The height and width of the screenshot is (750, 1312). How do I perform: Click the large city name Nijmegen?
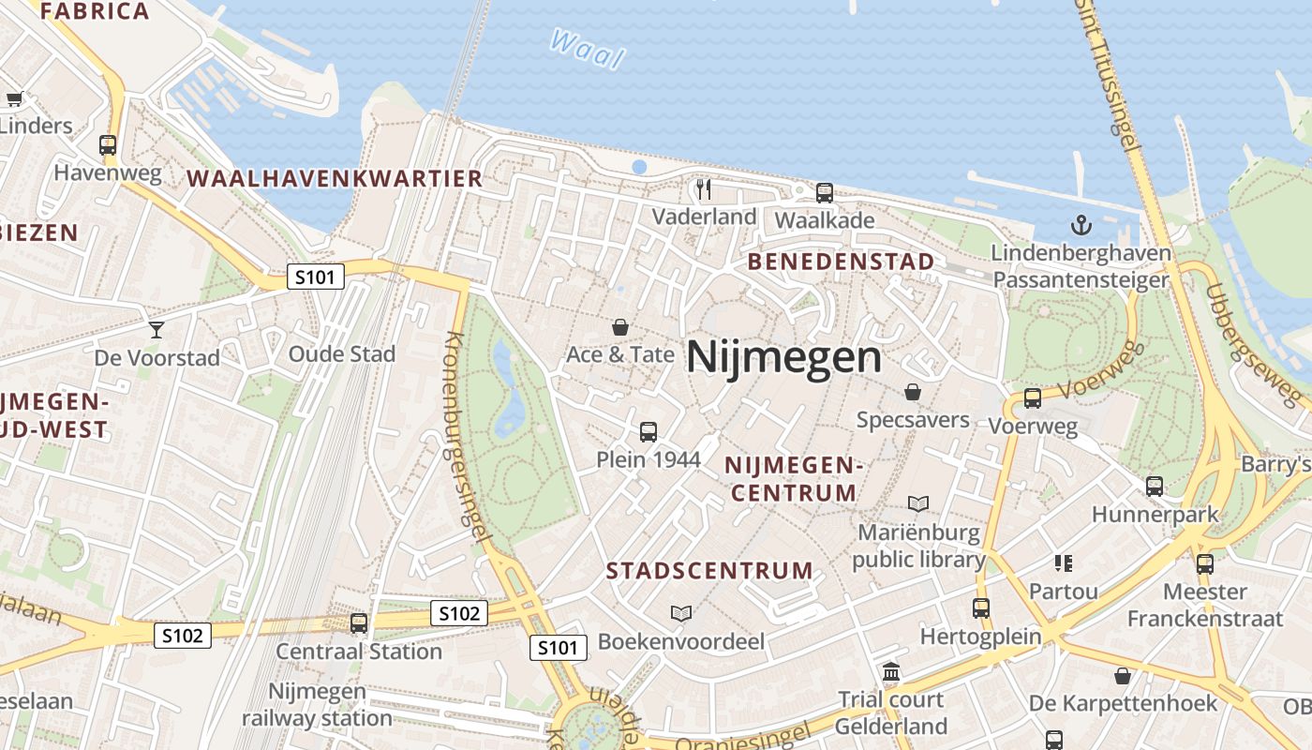(x=783, y=357)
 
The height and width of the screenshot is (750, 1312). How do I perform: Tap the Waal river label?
(x=588, y=49)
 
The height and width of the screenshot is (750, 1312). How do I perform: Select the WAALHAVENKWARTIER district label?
(x=335, y=178)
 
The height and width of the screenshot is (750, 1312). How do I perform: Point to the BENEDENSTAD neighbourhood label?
(x=841, y=262)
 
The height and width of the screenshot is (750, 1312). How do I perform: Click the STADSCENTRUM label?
(x=709, y=571)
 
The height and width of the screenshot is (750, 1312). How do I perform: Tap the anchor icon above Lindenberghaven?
(x=1081, y=225)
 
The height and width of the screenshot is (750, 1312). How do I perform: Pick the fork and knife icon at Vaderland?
(x=704, y=189)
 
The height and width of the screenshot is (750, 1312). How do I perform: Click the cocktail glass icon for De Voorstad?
(x=156, y=329)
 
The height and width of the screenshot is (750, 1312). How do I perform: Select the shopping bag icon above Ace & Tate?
(x=619, y=327)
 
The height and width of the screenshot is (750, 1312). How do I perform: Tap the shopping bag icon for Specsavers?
(x=913, y=392)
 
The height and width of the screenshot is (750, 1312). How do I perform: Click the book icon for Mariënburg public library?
(x=918, y=504)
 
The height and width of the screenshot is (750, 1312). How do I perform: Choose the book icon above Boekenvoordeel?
(x=681, y=613)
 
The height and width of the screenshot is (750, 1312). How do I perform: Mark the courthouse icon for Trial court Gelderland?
(x=891, y=672)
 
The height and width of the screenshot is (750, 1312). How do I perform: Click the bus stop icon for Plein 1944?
(x=648, y=432)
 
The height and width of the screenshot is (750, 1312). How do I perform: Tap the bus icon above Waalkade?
(x=825, y=193)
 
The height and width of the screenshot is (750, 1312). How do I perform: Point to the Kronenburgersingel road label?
(x=466, y=436)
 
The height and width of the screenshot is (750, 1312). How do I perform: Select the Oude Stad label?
(x=341, y=354)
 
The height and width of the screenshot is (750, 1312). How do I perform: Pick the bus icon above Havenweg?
(x=108, y=145)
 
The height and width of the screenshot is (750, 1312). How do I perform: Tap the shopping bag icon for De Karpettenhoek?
(x=1122, y=676)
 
